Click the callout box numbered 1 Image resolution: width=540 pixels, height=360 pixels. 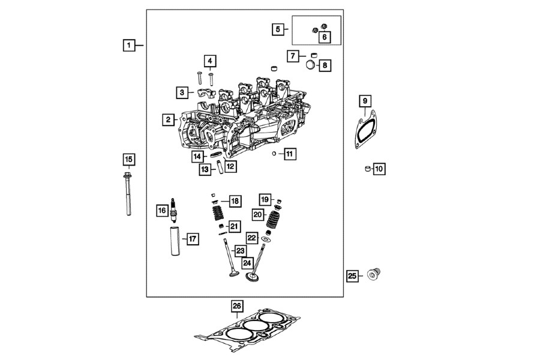click(128, 45)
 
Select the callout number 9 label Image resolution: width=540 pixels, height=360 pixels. click(365, 101)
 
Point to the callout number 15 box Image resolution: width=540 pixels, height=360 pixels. click(128, 160)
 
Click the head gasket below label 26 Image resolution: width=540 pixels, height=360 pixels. click(247, 332)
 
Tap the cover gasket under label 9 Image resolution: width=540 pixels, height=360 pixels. click(364, 131)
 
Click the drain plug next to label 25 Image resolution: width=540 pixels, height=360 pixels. click(375, 275)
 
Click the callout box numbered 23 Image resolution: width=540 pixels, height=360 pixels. click(240, 250)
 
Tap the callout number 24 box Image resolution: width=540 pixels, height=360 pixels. click(247, 263)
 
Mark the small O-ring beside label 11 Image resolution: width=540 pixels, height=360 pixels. click(274, 154)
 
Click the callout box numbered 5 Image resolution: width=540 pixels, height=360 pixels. click(277, 28)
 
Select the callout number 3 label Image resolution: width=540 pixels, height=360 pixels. click(181, 92)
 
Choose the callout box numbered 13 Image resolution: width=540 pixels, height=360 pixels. click(205, 170)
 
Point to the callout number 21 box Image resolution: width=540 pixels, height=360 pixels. click(233, 226)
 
